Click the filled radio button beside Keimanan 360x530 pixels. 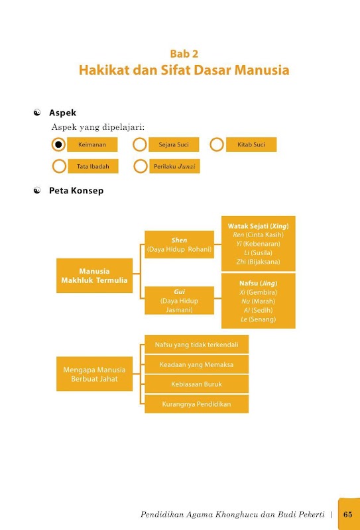click(58, 144)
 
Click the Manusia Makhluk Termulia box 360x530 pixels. click(94, 276)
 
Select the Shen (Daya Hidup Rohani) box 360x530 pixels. click(179, 244)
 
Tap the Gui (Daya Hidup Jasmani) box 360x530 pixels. click(179, 301)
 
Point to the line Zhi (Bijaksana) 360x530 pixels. click(259, 262)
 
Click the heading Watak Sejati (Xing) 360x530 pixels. click(259, 226)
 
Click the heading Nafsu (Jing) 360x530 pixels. click(259, 284)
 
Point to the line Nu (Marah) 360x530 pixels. click(259, 301)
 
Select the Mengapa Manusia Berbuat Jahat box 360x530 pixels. click(94, 374)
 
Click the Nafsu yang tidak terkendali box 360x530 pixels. click(197, 344)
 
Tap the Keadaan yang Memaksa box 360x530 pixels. click(197, 364)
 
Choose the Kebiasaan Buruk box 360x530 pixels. click(197, 384)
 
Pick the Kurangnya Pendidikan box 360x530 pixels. click(197, 404)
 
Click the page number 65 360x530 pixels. click(348, 515)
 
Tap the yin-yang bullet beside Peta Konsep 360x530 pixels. click(37, 191)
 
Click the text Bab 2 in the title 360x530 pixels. click(184, 54)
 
